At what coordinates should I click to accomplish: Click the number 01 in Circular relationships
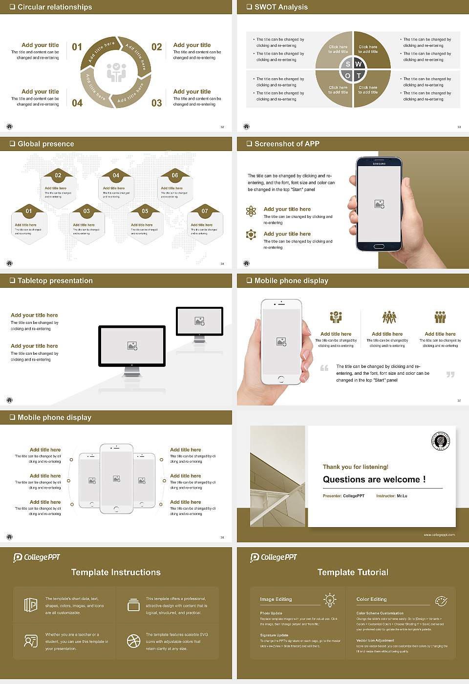tap(77, 47)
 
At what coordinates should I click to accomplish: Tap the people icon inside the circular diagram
tap(116, 72)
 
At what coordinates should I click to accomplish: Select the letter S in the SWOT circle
tap(348, 64)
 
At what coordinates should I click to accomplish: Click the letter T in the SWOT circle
tap(359, 76)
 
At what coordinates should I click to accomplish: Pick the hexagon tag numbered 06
tap(175, 175)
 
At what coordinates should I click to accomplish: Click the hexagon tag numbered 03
tap(86, 211)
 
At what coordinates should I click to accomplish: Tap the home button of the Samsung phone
tap(379, 246)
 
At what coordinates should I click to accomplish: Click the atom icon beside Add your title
tap(251, 211)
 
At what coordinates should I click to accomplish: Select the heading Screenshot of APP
tap(287, 144)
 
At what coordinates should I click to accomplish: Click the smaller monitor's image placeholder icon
tap(199, 321)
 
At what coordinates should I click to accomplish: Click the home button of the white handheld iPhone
tap(281, 379)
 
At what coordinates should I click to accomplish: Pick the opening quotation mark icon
tap(324, 368)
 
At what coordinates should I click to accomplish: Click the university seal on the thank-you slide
tap(441, 441)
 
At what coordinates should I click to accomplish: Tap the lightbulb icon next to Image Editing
tap(330, 599)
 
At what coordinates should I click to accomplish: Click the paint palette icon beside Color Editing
tap(441, 600)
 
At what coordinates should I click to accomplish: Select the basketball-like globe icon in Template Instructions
tap(133, 641)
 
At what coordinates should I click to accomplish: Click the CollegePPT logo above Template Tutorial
tap(273, 557)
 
